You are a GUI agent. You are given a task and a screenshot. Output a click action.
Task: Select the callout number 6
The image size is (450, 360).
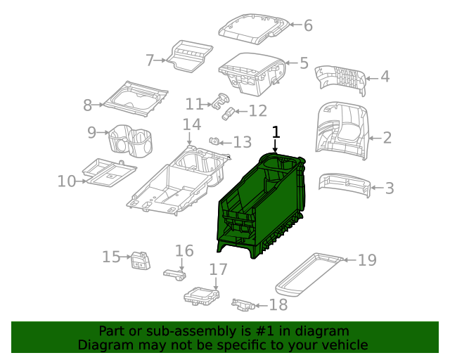[307, 25]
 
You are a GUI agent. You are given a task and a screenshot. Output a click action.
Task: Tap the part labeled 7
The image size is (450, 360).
[189, 56]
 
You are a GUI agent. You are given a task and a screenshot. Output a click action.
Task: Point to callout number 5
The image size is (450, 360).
[304, 63]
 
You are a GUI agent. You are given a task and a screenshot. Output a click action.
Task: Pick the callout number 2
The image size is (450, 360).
[387, 139]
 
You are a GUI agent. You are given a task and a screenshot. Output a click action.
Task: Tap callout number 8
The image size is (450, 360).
[88, 105]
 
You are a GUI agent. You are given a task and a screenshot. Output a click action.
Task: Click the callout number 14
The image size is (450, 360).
[191, 125]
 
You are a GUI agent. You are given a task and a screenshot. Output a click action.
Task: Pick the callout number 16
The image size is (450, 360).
[184, 251]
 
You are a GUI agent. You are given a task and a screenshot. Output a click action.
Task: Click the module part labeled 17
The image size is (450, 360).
[202, 297]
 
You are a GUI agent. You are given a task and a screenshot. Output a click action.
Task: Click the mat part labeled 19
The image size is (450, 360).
[308, 276]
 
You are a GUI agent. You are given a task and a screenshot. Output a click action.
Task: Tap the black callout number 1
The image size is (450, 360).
[276, 131]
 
